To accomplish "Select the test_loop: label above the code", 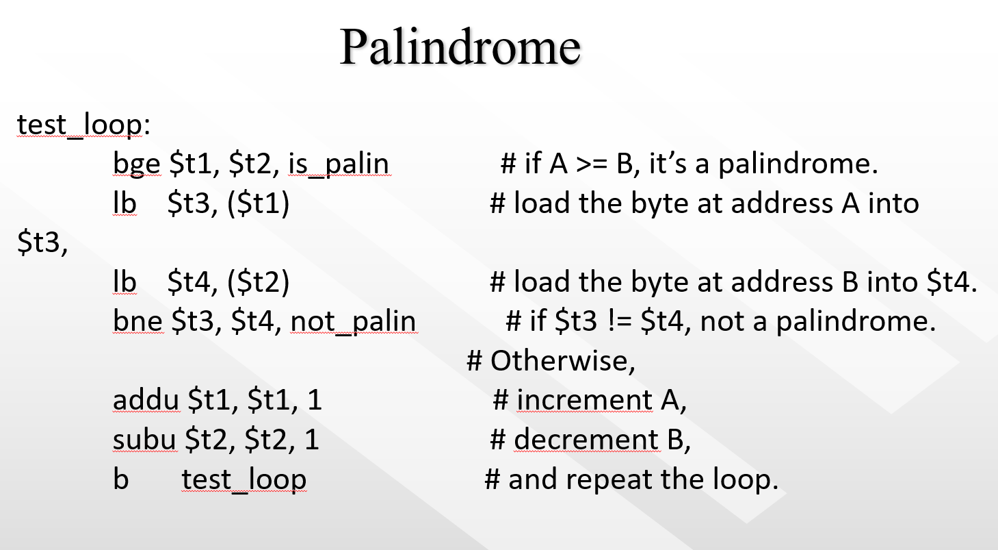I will (x=82, y=125).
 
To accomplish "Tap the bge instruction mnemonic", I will (x=135, y=164).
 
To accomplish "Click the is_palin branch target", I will (x=339, y=164).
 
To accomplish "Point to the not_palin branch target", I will (x=353, y=321).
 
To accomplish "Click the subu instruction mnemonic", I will (x=144, y=440).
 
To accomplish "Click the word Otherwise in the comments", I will (x=562, y=361).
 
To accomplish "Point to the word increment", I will (x=585, y=400).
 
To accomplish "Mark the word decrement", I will (x=586, y=440).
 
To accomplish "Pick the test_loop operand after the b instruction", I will (x=244, y=479).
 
